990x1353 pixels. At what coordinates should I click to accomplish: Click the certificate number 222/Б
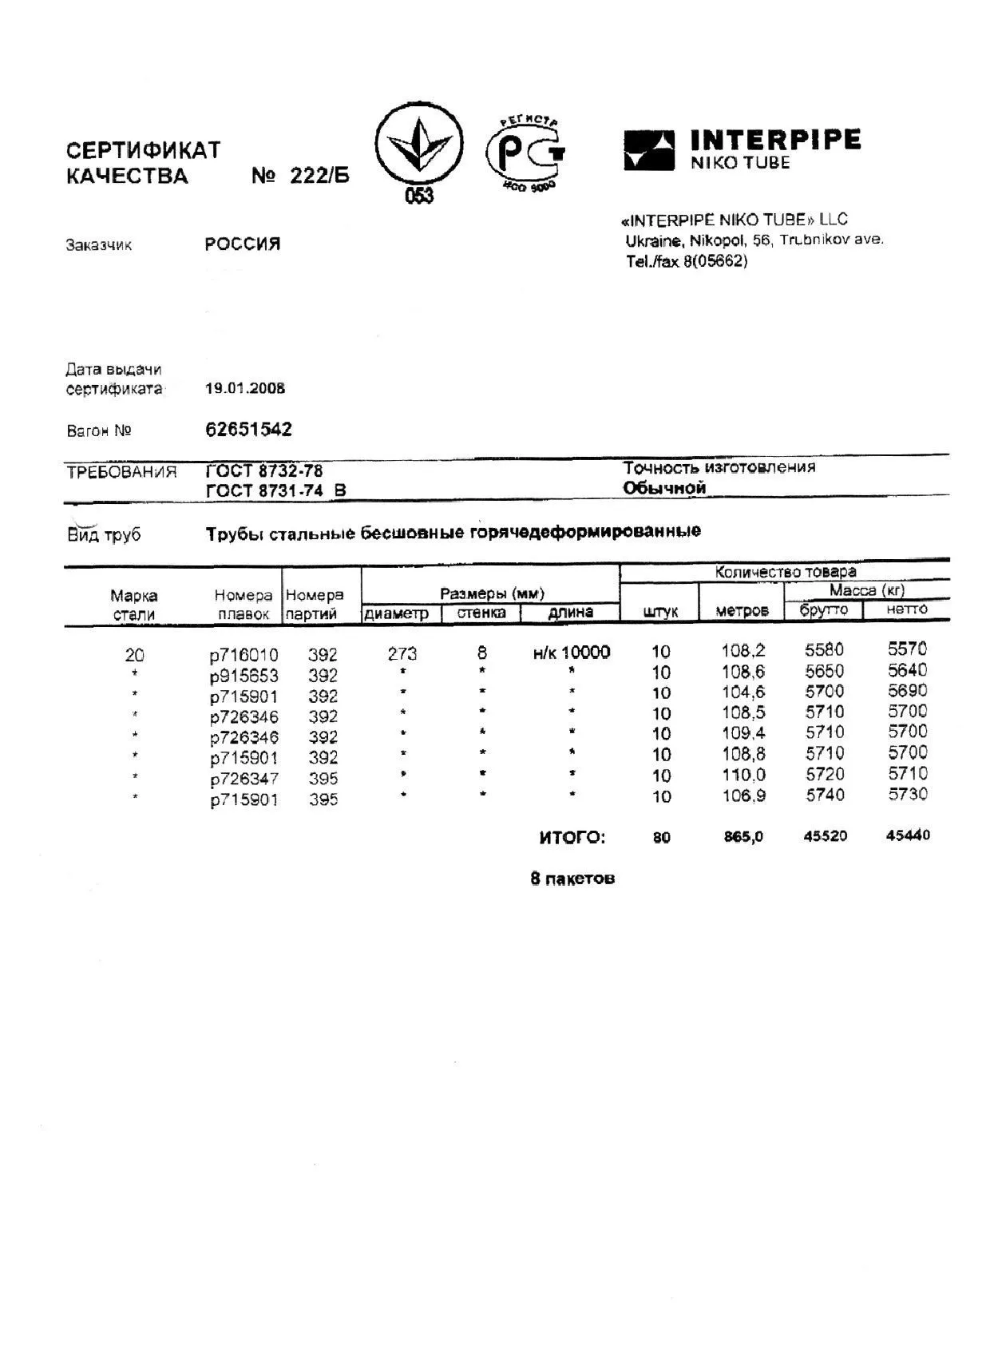tap(319, 177)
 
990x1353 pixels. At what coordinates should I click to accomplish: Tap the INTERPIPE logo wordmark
tap(774, 141)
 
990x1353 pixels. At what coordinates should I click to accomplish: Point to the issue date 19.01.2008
tap(245, 389)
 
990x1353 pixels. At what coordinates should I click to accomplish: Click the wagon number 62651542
tap(249, 430)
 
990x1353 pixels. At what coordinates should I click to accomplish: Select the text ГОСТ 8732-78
tap(264, 471)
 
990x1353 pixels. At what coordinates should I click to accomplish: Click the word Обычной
tap(664, 488)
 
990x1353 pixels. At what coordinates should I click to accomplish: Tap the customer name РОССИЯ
tap(243, 244)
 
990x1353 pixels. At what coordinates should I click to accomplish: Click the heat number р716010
tap(244, 656)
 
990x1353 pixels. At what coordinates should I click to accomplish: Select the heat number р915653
tap(244, 676)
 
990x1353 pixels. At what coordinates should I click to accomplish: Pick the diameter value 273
tap(402, 654)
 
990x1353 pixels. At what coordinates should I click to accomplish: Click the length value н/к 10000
tap(572, 653)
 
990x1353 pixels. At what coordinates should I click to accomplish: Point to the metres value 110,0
tap(743, 775)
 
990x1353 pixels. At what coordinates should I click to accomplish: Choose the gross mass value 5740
tap(825, 795)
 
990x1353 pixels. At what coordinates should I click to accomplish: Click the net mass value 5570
tap(908, 649)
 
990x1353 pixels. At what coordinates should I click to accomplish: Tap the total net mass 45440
tap(908, 835)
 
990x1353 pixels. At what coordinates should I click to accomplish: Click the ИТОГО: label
tap(572, 838)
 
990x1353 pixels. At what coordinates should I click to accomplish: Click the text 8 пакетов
tap(572, 879)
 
